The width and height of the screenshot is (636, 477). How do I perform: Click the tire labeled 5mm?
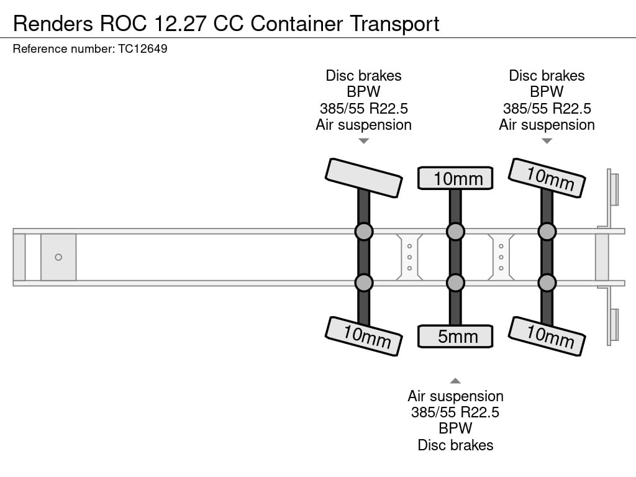pyautogui.click(x=455, y=337)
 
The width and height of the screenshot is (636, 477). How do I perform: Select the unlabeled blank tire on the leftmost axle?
pyautogui.click(x=363, y=178)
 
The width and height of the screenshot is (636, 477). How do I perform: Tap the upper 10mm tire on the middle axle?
pyautogui.click(x=455, y=178)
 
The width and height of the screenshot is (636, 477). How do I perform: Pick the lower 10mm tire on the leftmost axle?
pyautogui.click(x=363, y=336)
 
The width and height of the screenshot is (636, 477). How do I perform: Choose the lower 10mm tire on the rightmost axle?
pyautogui.click(x=547, y=336)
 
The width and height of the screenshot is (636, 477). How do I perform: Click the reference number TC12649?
pyautogui.click(x=142, y=49)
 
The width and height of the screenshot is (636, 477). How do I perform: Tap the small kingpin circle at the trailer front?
pyautogui.click(x=58, y=257)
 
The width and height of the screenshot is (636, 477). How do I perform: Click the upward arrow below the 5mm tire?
pyautogui.click(x=455, y=381)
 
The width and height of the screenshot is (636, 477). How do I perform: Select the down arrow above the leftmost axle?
pyautogui.click(x=364, y=141)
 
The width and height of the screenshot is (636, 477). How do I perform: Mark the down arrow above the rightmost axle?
pyautogui.click(x=547, y=141)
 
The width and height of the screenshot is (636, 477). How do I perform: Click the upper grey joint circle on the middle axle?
pyautogui.click(x=455, y=232)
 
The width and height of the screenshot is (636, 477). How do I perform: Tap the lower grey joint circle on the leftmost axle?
pyautogui.click(x=364, y=283)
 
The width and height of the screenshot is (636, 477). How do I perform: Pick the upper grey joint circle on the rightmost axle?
pyautogui.click(x=547, y=232)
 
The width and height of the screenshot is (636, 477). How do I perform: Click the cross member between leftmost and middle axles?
pyautogui.click(x=410, y=257)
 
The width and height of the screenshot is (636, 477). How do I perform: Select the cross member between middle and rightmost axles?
pyautogui.click(x=501, y=257)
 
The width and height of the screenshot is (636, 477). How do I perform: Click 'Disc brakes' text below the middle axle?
pyautogui.click(x=455, y=445)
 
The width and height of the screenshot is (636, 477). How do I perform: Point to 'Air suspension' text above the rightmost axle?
pyautogui.click(x=547, y=125)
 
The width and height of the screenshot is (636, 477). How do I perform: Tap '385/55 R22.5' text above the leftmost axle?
pyautogui.click(x=363, y=108)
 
